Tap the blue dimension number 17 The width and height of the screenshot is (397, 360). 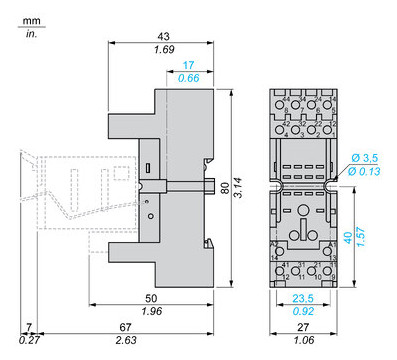coord(188,66)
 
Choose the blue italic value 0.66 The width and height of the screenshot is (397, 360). coord(188,79)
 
